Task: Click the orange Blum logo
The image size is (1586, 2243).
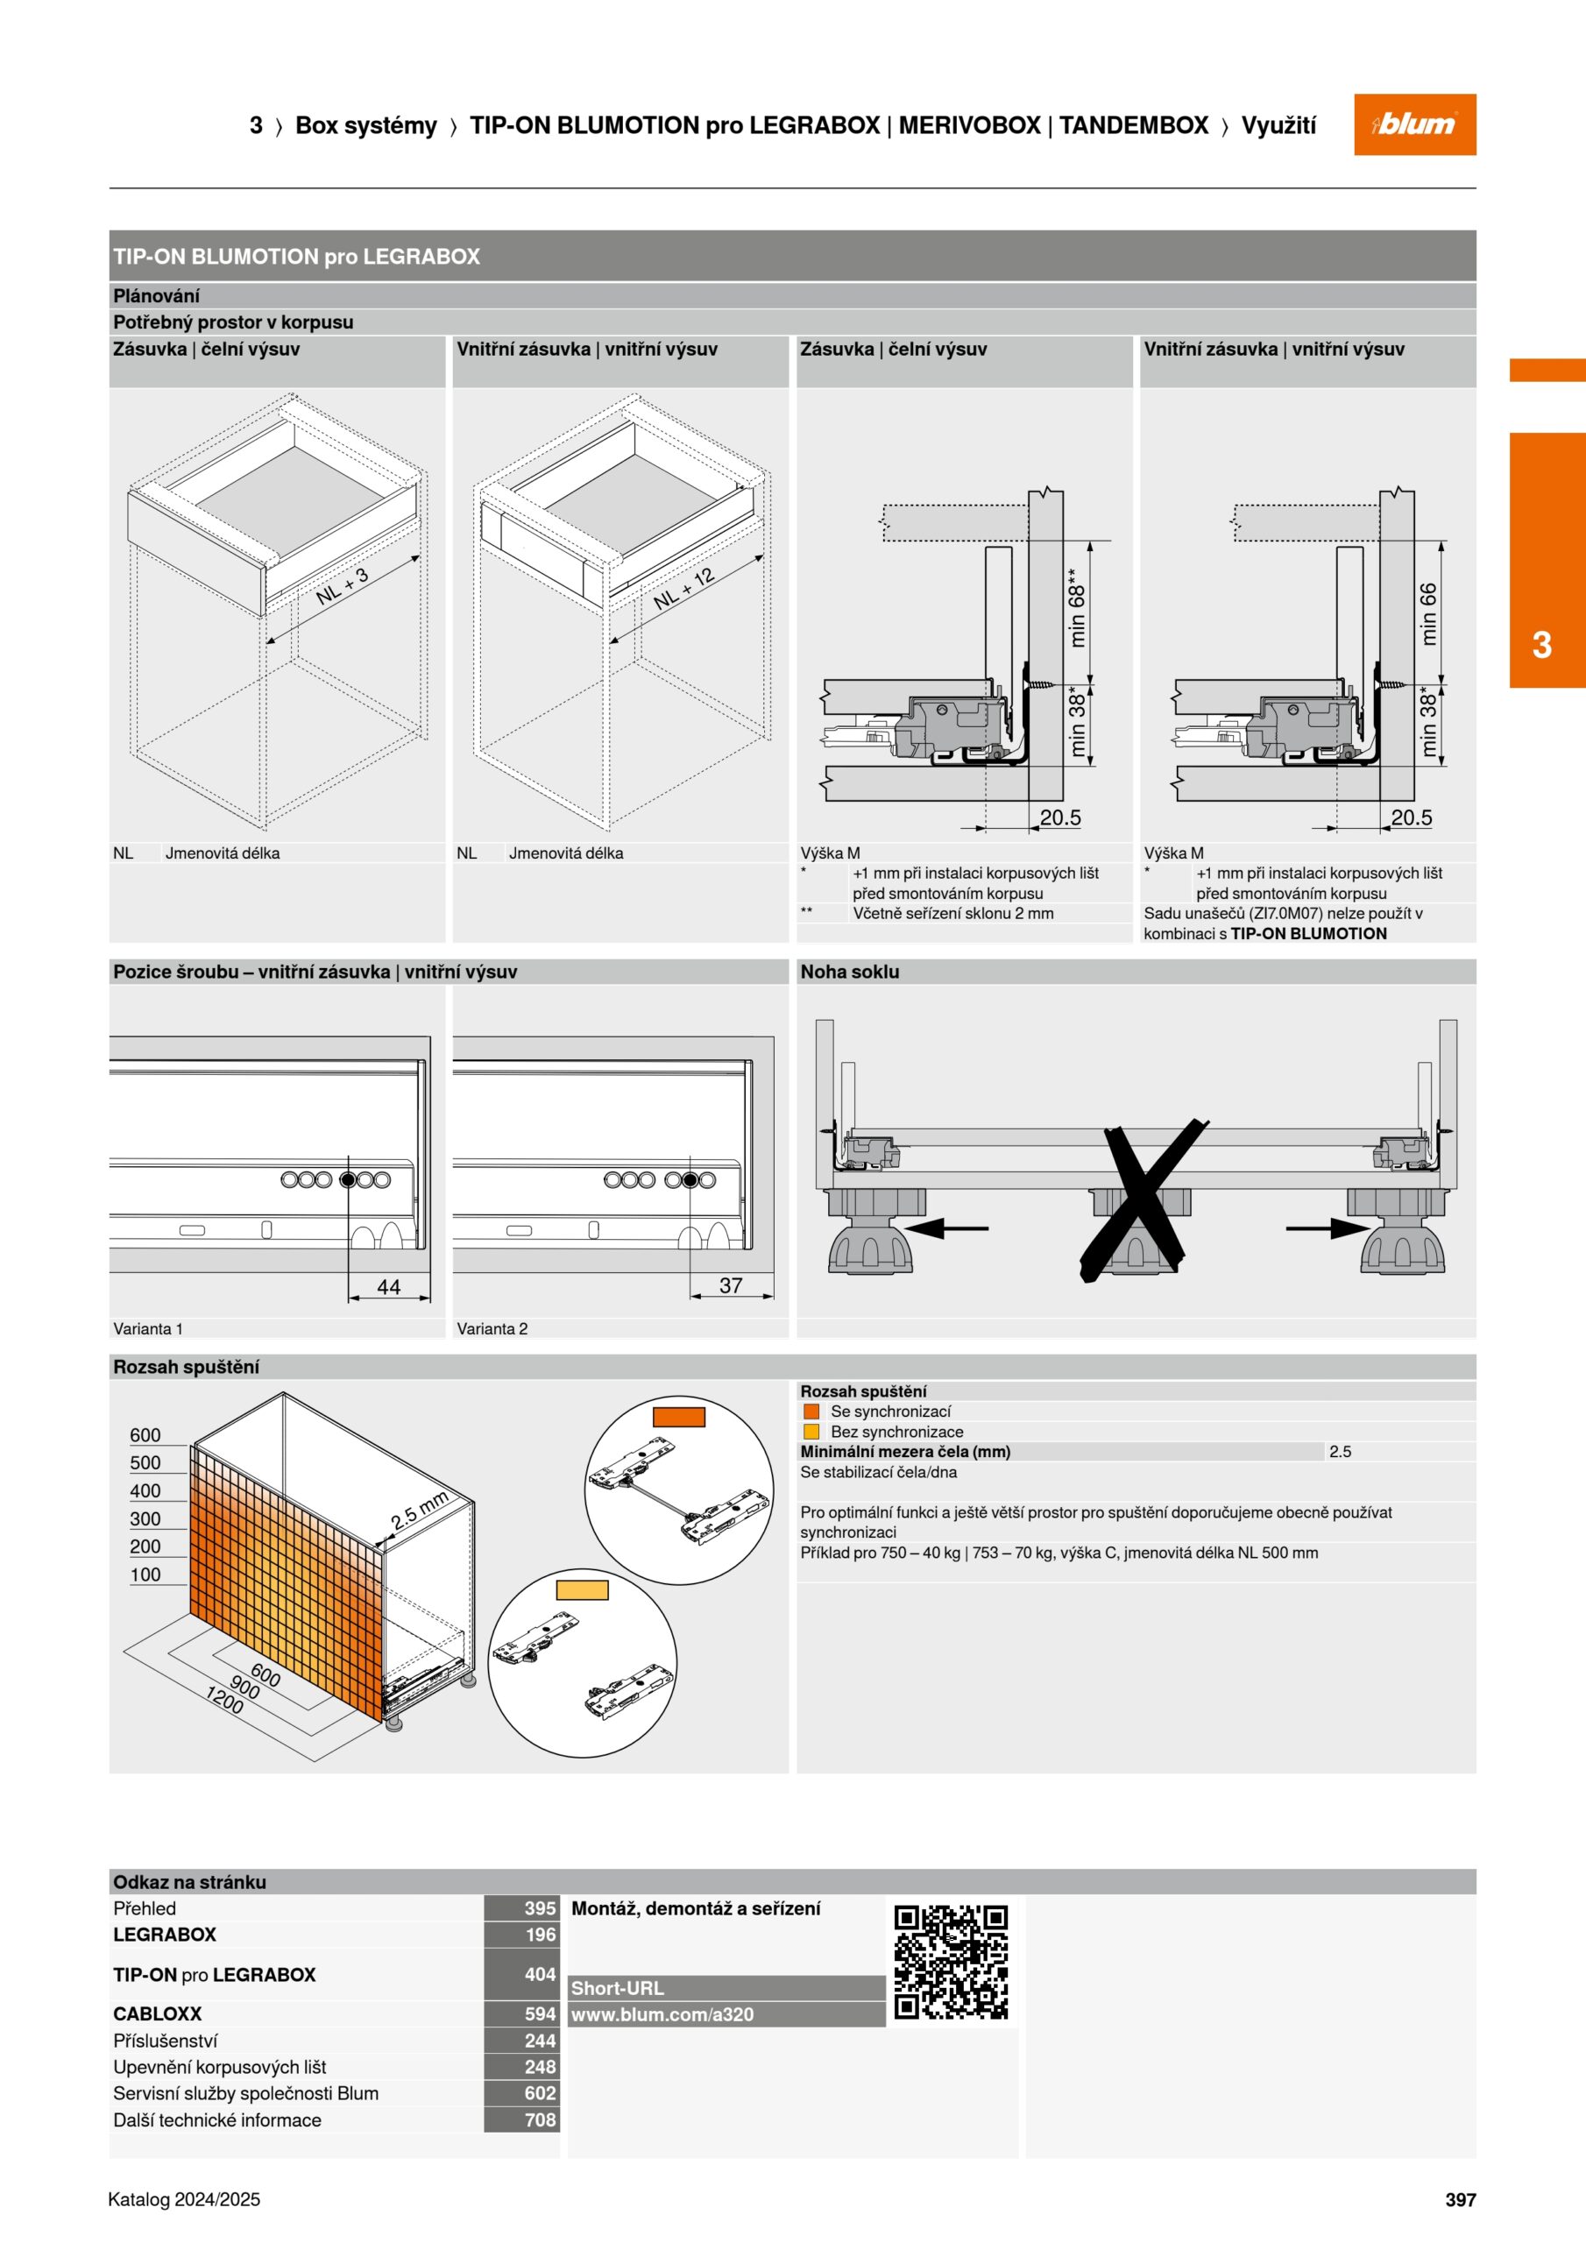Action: coord(1414,124)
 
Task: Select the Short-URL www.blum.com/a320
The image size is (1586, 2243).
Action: coord(662,2014)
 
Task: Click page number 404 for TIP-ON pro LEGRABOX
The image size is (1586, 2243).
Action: coord(540,1974)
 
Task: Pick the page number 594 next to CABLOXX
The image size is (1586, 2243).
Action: coord(540,2013)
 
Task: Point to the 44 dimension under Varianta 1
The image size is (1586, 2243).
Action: coord(389,1286)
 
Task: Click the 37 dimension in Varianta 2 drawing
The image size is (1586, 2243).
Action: coord(731,1285)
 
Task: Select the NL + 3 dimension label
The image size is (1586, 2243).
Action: coord(342,585)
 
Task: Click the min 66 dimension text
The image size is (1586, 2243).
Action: coord(1428,613)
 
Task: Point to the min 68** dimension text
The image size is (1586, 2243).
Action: coord(1077,608)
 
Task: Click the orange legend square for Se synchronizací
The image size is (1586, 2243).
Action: coord(811,1411)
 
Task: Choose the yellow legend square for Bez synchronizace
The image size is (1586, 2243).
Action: coord(811,1431)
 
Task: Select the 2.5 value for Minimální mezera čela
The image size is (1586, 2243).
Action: coord(1340,1452)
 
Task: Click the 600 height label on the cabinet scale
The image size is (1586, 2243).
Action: coord(145,1435)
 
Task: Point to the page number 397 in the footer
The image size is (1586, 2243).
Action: coord(1460,2199)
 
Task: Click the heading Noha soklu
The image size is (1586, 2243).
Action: coord(849,971)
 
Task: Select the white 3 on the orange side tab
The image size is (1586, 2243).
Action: coord(1542,645)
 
